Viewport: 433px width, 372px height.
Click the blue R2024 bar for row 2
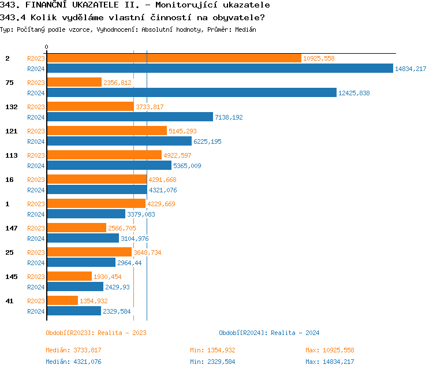click(219, 69)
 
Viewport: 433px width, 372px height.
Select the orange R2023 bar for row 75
click(74, 83)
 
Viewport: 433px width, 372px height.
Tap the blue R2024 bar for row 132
click(129, 117)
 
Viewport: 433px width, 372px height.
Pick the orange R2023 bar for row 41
click(62, 301)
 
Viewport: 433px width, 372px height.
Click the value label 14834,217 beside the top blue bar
click(410, 69)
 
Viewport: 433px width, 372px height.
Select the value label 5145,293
click(182, 131)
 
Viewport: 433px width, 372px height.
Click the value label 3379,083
click(141, 214)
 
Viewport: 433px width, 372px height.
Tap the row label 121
click(11, 131)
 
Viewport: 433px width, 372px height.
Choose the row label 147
click(11, 228)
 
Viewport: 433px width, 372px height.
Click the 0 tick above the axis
click(47, 47)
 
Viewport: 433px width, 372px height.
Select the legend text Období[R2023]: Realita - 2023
click(96, 333)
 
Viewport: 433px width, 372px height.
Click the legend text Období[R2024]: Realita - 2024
click(269, 333)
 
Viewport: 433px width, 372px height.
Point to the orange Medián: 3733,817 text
click(73, 350)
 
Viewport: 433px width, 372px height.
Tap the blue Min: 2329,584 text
click(212, 362)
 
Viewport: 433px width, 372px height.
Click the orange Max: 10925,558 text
click(330, 350)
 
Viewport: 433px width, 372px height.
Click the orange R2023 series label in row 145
click(36, 277)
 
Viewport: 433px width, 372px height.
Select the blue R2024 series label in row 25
click(36, 263)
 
